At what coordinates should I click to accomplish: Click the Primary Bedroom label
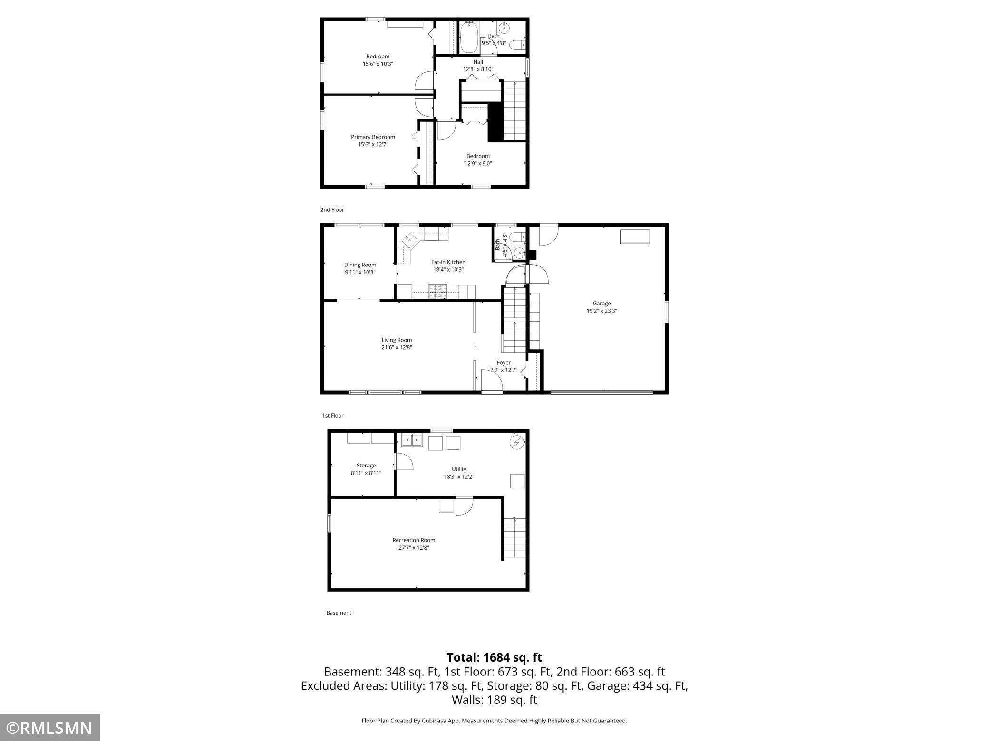373,137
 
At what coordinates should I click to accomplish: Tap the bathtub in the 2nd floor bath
469,37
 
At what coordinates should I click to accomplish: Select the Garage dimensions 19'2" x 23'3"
601,311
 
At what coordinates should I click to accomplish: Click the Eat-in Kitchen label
448,262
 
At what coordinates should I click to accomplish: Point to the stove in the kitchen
438,291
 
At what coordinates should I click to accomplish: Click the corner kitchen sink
408,241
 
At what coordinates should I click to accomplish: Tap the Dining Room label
360,265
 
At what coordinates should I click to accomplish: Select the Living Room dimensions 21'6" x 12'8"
397,347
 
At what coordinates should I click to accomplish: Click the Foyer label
504,363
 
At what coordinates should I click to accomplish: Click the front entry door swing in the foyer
491,380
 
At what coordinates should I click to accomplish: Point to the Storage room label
366,465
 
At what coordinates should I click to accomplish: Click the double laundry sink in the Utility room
412,440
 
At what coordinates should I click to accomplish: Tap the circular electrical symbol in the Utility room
517,443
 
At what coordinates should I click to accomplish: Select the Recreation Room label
414,540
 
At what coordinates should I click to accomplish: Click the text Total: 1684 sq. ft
494,657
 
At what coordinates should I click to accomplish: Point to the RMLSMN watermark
50,727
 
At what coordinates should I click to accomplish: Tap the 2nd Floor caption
332,210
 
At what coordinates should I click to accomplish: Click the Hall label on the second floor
478,62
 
